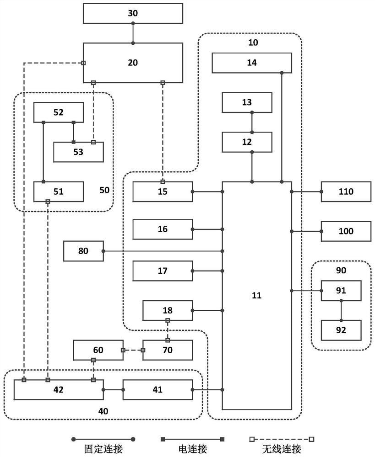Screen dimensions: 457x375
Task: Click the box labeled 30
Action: click(133, 13)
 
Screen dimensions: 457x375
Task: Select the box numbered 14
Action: click(252, 63)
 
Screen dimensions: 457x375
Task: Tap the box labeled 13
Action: click(247, 102)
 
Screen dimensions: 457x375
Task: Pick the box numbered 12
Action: click(247, 142)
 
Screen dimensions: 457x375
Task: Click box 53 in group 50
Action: click(78, 152)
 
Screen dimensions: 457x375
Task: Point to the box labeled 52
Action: click(59, 112)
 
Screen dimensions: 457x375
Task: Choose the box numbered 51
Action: click(59, 191)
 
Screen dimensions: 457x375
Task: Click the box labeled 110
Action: click(346, 191)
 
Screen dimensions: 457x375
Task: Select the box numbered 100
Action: click(346, 231)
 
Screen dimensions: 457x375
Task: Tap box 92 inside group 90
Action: click(341, 330)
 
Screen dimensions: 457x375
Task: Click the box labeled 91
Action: click(341, 291)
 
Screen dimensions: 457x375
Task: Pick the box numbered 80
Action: click(83, 251)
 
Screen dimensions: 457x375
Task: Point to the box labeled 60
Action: click(98, 350)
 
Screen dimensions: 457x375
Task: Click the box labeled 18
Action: click(167, 310)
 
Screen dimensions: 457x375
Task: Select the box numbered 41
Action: click(158, 390)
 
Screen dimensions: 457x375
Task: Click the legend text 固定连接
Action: click(103, 449)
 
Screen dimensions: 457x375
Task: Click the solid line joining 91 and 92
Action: click(341, 310)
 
